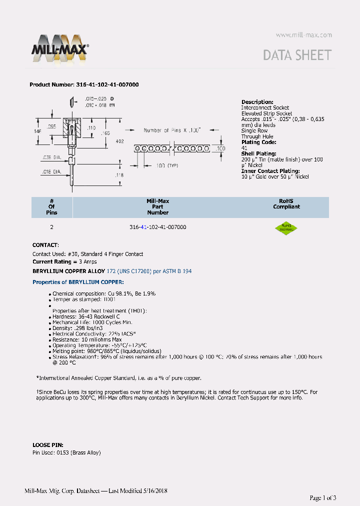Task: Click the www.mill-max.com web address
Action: click(x=303, y=35)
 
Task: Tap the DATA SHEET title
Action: click(x=297, y=55)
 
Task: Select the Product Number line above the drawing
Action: click(x=84, y=85)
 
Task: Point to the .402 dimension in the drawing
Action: click(x=119, y=141)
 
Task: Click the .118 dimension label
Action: click(x=119, y=175)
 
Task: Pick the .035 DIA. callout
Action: click(x=51, y=157)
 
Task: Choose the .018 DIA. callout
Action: click(x=51, y=171)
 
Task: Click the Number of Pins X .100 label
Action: click(x=172, y=130)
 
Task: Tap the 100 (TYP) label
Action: click(x=167, y=165)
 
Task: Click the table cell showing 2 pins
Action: click(x=51, y=227)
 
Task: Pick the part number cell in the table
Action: click(x=157, y=227)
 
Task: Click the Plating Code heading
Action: click(x=258, y=142)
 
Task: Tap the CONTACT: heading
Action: click(x=45, y=245)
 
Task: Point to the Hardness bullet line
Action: click(x=86, y=316)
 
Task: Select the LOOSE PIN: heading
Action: click(x=47, y=444)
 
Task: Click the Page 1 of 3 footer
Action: click(x=322, y=497)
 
